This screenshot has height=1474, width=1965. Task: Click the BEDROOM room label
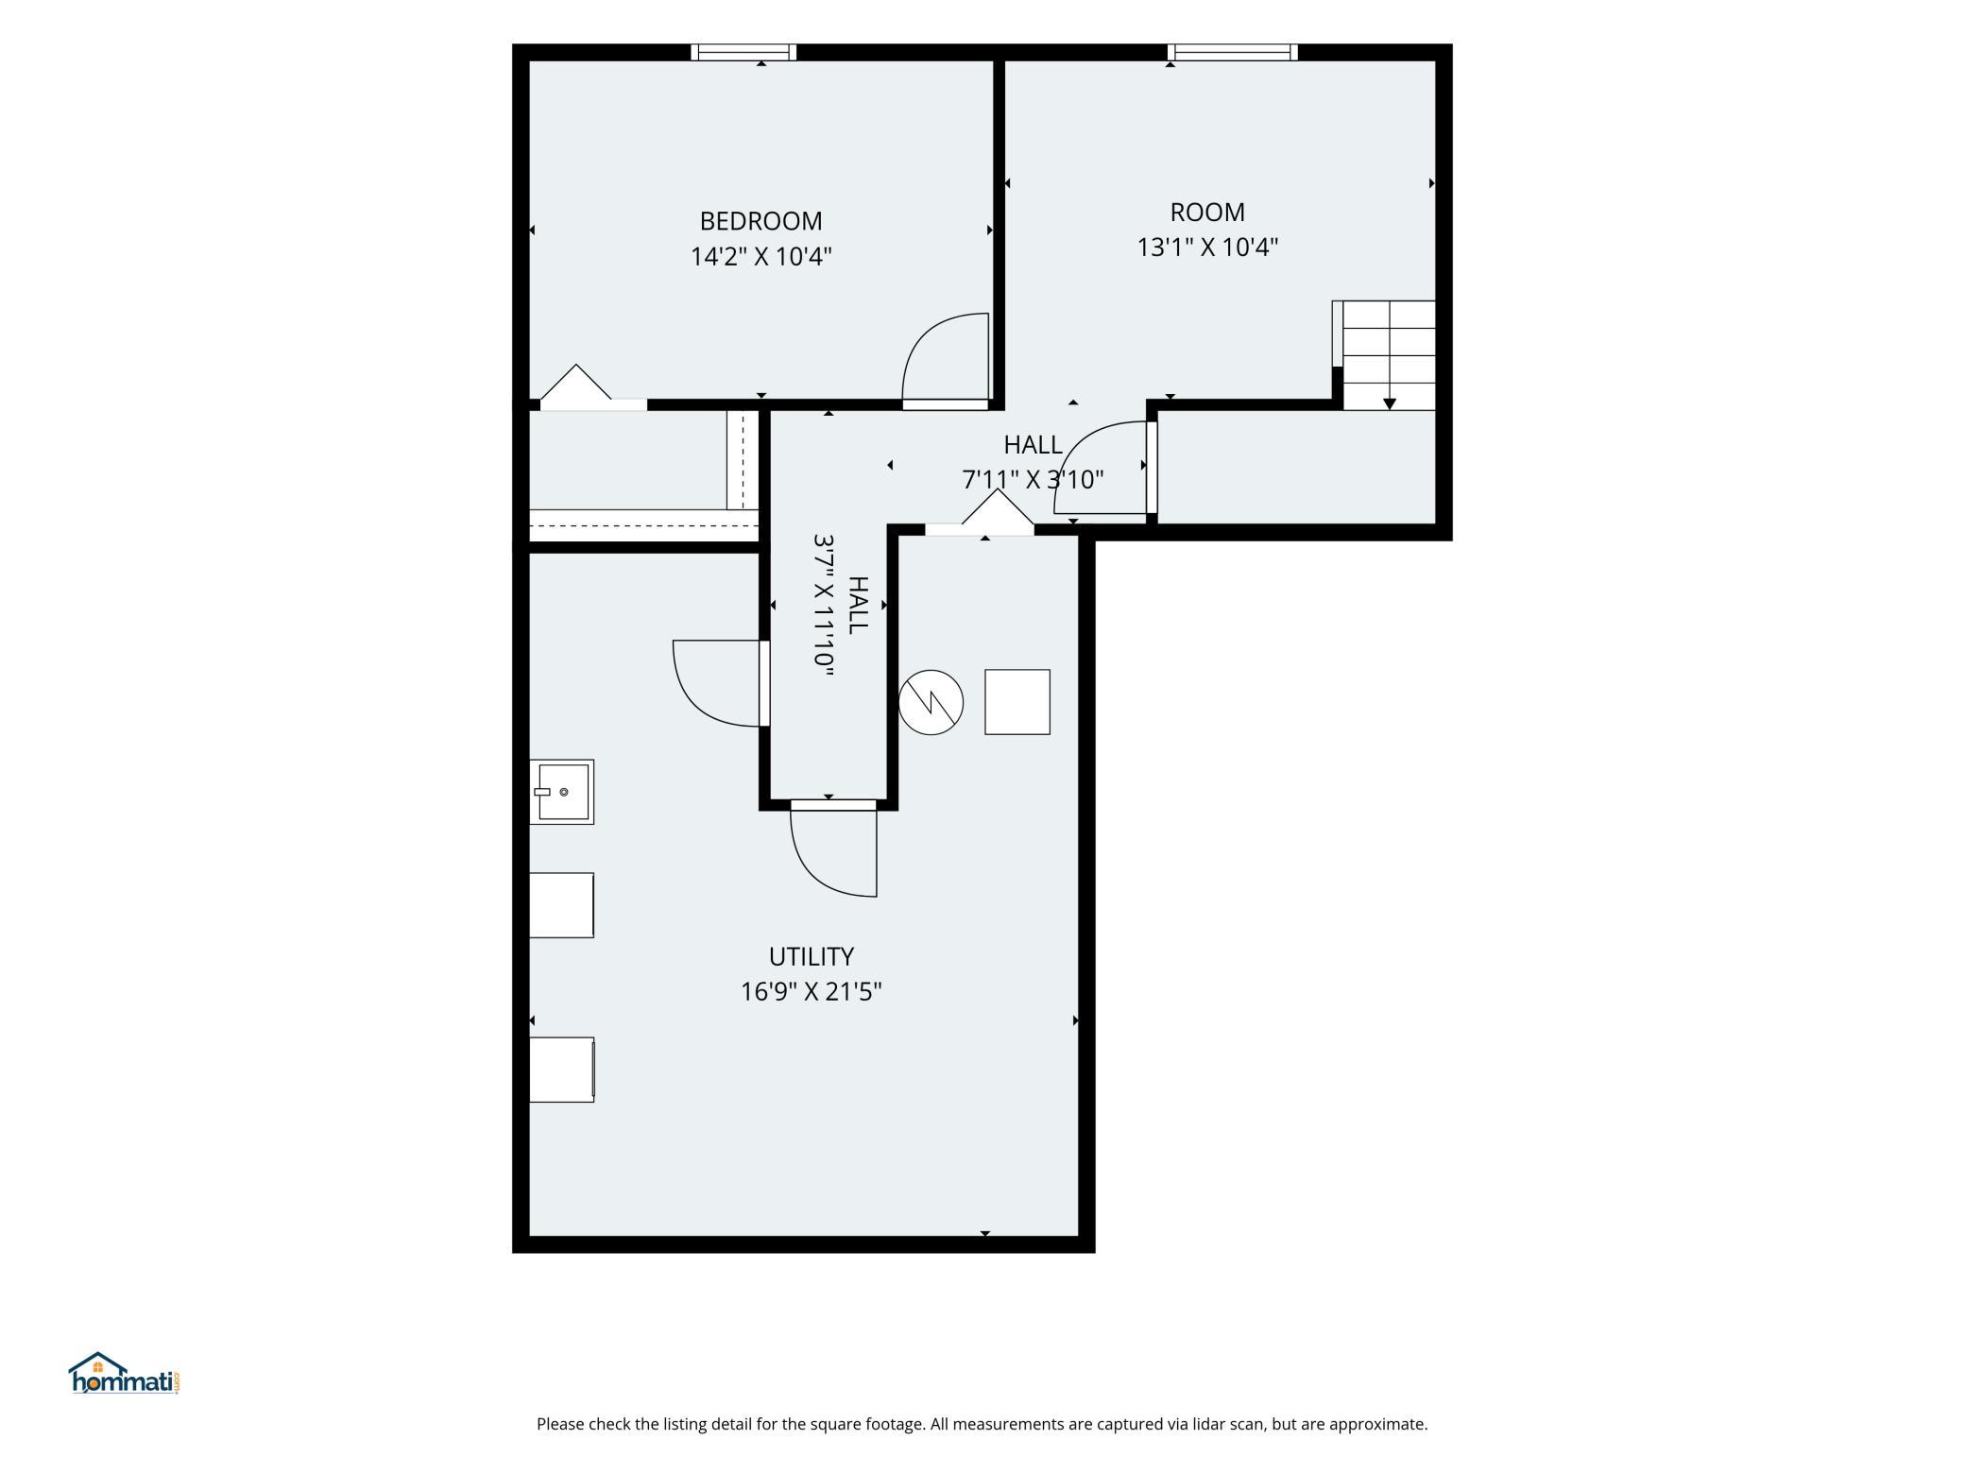(760, 221)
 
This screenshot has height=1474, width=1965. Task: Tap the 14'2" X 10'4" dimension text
(760, 256)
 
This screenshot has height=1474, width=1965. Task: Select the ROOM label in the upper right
(1207, 212)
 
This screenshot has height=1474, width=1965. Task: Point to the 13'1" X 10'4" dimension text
(1207, 247)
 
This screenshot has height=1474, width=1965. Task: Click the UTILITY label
(812, 957)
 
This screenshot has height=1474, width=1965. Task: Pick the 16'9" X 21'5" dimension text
(812, 992)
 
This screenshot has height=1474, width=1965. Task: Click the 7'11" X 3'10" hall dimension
(1033, 480)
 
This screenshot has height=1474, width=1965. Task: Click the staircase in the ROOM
(1384, 355)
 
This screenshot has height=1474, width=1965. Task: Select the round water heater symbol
(931, 703)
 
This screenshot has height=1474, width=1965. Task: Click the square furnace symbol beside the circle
(1017, 702)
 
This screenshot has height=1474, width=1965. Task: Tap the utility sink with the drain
(561, 792)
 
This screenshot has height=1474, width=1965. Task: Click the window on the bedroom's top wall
(743, 53)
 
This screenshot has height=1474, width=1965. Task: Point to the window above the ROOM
(1233, 53)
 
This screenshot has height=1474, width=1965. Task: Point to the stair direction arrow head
(1390, 403)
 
